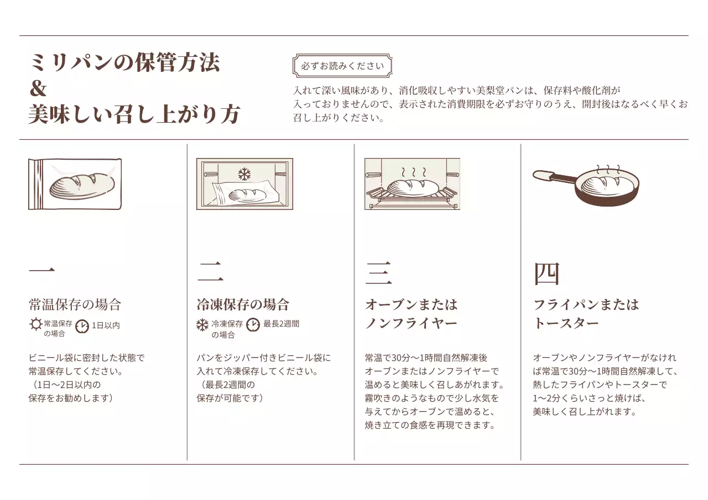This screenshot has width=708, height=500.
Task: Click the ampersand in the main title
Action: (x=38, y=89)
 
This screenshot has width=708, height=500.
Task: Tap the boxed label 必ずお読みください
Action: (x=342, y=66)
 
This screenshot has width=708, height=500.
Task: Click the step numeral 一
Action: (x=41, y=271)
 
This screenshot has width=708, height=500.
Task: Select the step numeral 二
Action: (x=210, y=272)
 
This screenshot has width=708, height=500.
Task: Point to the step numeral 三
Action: (x=378, y=272)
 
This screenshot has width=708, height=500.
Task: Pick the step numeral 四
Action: (x=546, y=273)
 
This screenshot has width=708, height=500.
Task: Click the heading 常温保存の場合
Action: (x=75, y=304)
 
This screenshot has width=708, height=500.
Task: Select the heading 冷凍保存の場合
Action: (x=243, y=304)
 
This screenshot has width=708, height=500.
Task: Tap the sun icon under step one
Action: (x=35, y=324)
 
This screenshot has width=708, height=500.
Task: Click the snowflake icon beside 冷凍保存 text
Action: (x=203, y=325)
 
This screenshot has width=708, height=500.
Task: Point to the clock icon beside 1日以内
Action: (x=82, y=326)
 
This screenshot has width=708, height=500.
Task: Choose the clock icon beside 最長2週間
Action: (x=253, y=325)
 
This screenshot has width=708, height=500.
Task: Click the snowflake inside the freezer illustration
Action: (x=244, y=175)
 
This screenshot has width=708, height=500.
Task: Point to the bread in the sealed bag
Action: (x=82, y=184)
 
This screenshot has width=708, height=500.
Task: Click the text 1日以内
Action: (x=106, y=325)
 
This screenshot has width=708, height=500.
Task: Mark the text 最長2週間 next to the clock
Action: (x=281, y=324)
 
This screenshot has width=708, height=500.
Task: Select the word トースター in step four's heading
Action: (x=566, y=323)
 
